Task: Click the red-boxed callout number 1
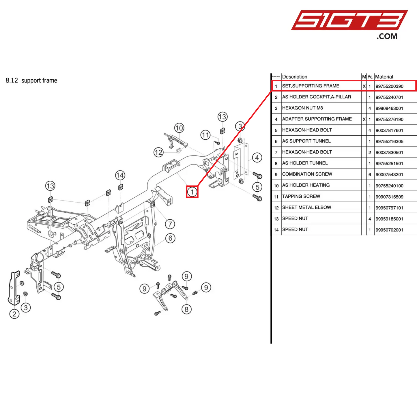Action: coord(192,192)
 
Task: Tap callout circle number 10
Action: coord(179,128)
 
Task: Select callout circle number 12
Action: coord(158,152)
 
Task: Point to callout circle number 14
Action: coord(120,175)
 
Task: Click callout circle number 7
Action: coord(170,224)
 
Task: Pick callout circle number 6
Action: coord(170,238)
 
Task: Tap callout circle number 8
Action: coord(186,309)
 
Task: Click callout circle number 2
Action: coord(14,314)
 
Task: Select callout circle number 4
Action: coord(257,158)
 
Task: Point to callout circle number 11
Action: coord(205,135)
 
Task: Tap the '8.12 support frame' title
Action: coord(31,81)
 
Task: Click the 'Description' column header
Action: coord(295,77)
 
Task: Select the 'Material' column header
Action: coord(384,77)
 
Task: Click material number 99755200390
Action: coord(389,86)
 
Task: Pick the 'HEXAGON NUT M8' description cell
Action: coord(302,108)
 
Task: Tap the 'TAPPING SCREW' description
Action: coord(301,196)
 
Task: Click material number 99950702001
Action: coord(389,230)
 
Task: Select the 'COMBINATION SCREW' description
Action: coord(307,174)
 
